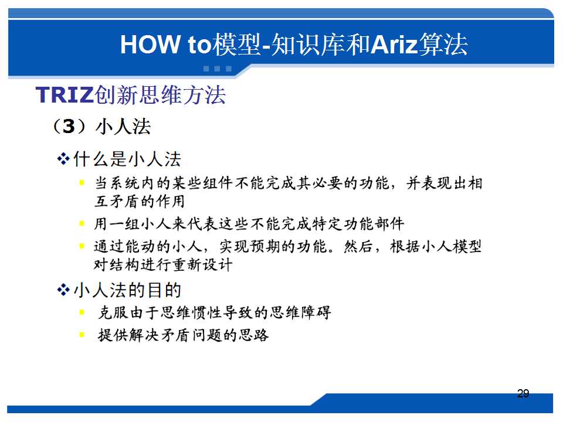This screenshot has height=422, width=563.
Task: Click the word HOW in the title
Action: (x=151, y=45)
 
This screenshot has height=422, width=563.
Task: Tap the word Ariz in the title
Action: (x=394, y=45)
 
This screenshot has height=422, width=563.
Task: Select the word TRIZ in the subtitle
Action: (x=65, y=95)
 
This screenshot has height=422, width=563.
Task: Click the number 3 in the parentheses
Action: (x=69, y=126)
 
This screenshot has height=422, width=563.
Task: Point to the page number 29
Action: (x=523, y=394)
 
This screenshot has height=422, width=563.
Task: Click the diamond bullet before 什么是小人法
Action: (x=63, y=159)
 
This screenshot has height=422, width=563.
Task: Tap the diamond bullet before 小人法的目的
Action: (x=63, y=290)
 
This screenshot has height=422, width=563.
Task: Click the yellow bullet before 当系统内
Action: (x=82, y=183)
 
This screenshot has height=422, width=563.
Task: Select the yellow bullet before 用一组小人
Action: (x=82, y=223)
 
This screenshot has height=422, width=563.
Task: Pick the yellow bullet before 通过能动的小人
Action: (x=82, y=246)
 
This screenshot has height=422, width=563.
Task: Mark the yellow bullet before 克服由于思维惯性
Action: (x=82, y=312)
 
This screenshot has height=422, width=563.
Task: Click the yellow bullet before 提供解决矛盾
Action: (x=82, y=335)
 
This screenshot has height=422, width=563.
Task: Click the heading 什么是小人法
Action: (x=127, y=159)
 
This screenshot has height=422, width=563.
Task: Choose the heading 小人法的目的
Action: (x=127, y=290)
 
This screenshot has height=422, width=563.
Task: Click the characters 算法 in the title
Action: (x=443, y=45)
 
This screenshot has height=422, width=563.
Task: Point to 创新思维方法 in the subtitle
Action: (x=160, y=95)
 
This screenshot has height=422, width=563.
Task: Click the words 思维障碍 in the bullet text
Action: (x=300, y=312)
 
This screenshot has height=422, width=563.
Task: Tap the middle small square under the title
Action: (x=217, y=69)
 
